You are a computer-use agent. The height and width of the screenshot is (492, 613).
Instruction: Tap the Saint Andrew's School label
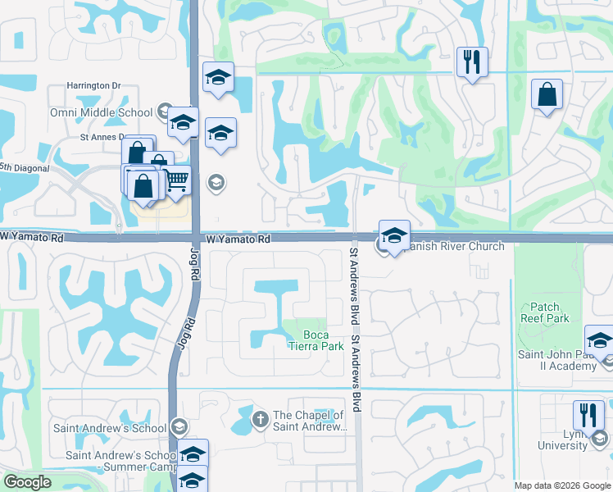(111, 427)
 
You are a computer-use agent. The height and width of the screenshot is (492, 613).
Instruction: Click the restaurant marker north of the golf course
(472, 61)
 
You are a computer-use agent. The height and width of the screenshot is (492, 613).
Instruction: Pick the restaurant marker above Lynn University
(588, 414)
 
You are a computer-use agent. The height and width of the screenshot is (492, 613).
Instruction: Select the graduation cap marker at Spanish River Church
(394, 235)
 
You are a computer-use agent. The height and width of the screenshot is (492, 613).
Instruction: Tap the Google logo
(27, 482)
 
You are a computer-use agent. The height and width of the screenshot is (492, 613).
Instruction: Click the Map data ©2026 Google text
(562, 485)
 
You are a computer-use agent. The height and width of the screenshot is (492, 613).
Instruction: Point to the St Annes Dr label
(102, 138)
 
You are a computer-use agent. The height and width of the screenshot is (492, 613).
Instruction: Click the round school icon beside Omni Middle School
(165, 112)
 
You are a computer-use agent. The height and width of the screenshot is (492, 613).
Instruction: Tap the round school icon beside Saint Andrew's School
(179, 426)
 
